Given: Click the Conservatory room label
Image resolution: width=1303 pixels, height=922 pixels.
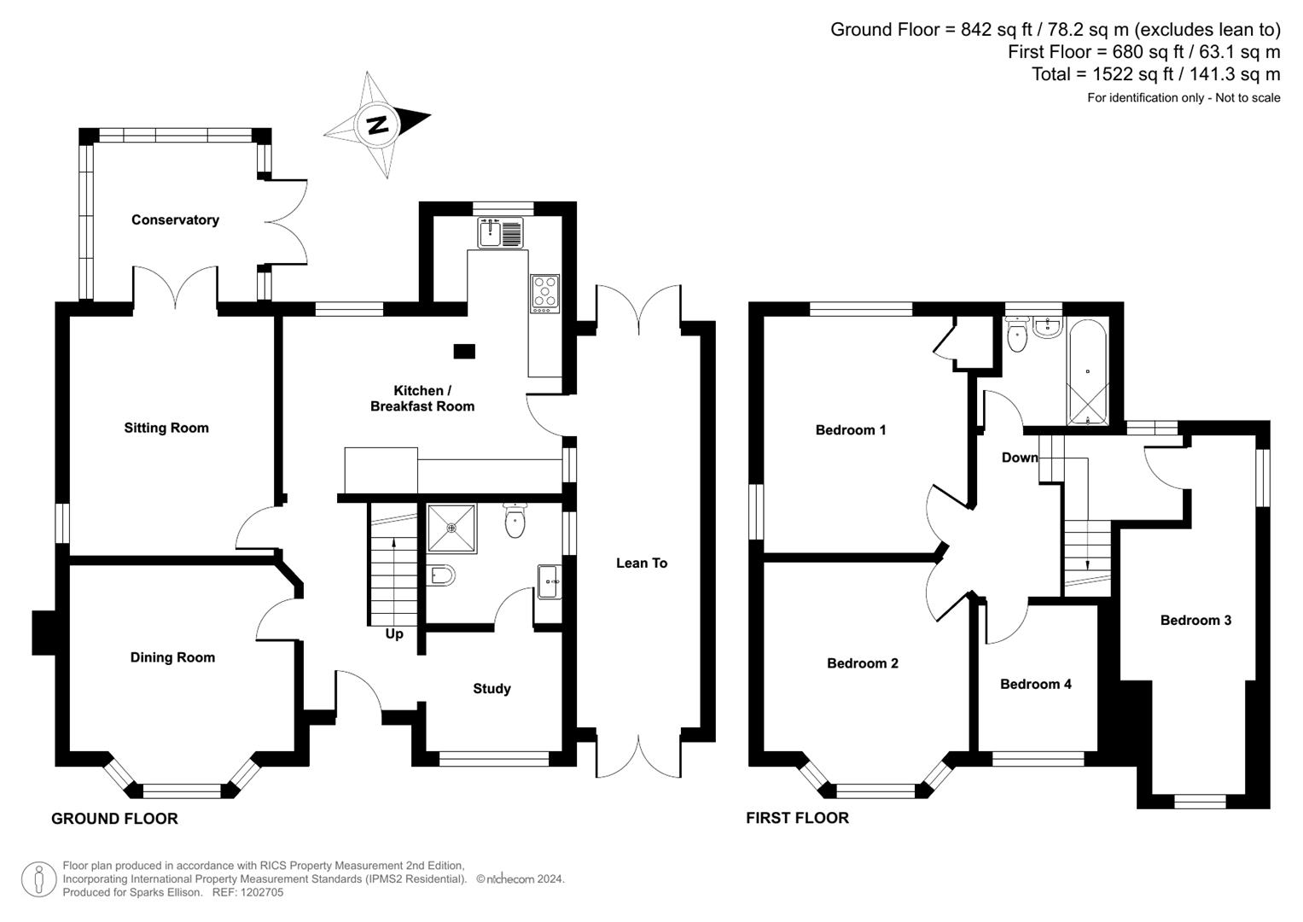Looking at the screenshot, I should [x=175, y=220].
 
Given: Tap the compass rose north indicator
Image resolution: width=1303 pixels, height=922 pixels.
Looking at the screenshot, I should [x=376, y=125].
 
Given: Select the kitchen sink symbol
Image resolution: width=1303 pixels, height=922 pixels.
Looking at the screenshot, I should [x=500, y=232].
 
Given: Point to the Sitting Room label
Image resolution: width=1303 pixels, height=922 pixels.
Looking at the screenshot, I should [x=166, y=429].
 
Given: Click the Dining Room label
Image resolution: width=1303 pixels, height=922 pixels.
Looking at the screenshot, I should [x=172, y=657].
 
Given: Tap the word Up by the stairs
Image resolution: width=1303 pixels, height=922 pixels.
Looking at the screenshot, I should [x=394, y=634].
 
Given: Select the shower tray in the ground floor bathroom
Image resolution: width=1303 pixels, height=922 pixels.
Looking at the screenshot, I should [x=451, y=528].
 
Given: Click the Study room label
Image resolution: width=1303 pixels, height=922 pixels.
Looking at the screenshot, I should [x=492, y=689].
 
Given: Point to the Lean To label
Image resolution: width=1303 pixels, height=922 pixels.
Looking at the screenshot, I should [x=642, y=563].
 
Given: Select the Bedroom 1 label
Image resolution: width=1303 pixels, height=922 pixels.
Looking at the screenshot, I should [x=850, y=430].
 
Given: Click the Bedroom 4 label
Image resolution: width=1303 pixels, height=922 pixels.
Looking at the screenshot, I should [x=1035, y=685].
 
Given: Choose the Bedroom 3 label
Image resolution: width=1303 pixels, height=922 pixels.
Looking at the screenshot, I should [x=1195, y=621].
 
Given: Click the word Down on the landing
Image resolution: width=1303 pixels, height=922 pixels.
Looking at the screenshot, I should [x=1020, y=458].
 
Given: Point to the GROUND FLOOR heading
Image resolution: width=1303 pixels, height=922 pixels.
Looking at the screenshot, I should [x=114, y=819].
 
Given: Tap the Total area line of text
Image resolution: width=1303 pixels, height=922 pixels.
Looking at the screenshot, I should [x=1155, y=74].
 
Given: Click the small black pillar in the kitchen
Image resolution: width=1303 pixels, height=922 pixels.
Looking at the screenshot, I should [x=464, y=350].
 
